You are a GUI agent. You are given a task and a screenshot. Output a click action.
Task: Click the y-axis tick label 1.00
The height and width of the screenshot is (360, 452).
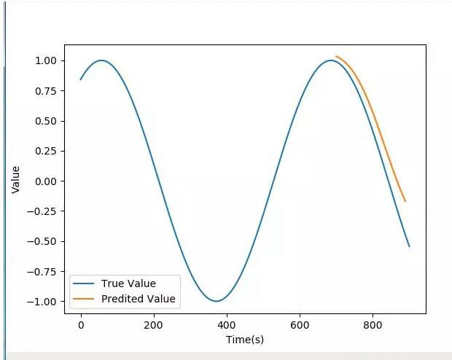46,60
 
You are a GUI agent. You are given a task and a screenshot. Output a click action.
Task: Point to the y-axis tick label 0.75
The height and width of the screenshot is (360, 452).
46,91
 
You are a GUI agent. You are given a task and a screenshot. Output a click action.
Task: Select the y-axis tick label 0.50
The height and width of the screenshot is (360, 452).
46,121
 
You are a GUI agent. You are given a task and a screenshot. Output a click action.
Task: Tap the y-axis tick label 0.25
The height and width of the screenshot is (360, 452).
46,151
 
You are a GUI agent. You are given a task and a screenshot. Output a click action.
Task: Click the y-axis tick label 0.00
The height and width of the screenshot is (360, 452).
46,181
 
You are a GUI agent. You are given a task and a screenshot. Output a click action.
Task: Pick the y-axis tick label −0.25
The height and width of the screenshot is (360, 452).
43,211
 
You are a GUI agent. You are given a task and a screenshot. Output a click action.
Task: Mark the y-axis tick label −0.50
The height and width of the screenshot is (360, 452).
43,241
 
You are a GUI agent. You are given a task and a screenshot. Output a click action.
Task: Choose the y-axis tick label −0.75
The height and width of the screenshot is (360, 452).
43,272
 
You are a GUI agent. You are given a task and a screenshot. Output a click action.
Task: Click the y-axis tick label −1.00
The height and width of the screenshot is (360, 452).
43,302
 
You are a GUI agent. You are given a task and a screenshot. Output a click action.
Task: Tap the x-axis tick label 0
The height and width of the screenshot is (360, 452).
81,325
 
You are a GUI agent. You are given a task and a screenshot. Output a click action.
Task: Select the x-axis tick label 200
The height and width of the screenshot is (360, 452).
154,325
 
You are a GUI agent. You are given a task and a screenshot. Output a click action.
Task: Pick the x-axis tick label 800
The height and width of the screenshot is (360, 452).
373,325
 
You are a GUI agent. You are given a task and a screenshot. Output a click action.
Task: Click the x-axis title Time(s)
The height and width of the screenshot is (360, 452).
244,340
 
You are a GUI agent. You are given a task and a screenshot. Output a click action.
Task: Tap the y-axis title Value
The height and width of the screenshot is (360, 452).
15,179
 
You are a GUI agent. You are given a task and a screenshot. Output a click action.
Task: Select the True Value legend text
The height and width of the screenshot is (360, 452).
128,283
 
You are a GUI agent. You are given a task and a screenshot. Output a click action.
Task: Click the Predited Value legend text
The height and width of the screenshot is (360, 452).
139,299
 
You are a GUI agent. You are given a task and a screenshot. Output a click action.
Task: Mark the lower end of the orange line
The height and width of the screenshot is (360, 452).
405,201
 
